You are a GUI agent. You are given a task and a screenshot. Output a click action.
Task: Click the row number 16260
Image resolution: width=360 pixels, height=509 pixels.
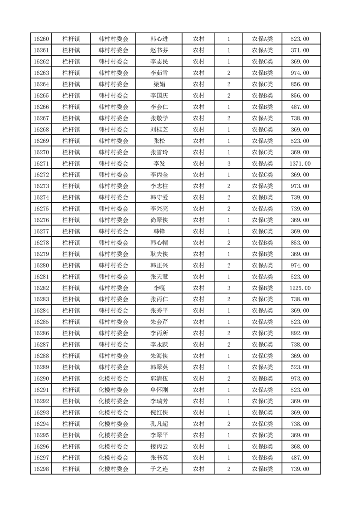click(41, 39)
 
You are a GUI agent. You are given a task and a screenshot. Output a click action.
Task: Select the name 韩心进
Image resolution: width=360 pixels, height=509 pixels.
click(159, 39)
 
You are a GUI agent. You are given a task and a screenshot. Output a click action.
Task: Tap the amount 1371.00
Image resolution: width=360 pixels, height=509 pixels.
click(300, 163)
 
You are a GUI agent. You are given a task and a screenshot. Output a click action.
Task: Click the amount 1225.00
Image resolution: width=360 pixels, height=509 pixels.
click(300, 288)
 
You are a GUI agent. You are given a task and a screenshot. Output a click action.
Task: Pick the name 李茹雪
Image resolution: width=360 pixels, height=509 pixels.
click(159, 73)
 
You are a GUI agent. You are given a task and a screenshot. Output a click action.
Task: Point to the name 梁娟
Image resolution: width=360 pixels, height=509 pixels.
click(159, 84)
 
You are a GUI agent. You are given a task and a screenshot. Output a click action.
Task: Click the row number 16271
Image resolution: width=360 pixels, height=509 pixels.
click(41, 163)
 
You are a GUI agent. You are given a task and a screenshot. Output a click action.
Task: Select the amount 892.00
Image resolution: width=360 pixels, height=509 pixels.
click(300, 333)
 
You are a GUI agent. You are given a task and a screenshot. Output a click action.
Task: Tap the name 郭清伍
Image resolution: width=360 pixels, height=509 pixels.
click(159, 379)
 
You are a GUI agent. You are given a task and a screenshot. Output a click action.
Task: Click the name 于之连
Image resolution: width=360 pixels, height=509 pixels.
click(159, 469)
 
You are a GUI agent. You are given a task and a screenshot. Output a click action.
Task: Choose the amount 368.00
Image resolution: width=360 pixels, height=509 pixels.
click(300, 446)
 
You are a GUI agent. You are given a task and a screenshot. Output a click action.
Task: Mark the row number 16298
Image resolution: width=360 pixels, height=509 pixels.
click(41, 469)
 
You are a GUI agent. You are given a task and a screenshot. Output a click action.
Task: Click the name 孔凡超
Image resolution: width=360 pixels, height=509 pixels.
click(159, 424)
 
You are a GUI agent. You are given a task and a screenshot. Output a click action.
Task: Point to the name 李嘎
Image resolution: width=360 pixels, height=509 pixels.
click(159, 288)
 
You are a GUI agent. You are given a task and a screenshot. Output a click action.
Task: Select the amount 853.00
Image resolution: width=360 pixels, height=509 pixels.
click(300, 243)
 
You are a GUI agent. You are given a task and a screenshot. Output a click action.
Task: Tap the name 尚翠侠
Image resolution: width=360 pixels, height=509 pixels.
click(159, 220)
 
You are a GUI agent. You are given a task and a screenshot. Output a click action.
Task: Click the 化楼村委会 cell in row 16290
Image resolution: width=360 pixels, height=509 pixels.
click(113, 379)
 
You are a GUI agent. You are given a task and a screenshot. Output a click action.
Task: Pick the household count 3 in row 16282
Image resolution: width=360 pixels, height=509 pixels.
click(228, 288)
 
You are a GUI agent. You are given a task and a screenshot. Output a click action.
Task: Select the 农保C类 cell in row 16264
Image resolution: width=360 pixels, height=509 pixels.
click(262, 84)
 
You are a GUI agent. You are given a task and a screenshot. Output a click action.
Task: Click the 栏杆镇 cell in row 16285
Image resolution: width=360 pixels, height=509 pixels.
click(71, 322)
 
